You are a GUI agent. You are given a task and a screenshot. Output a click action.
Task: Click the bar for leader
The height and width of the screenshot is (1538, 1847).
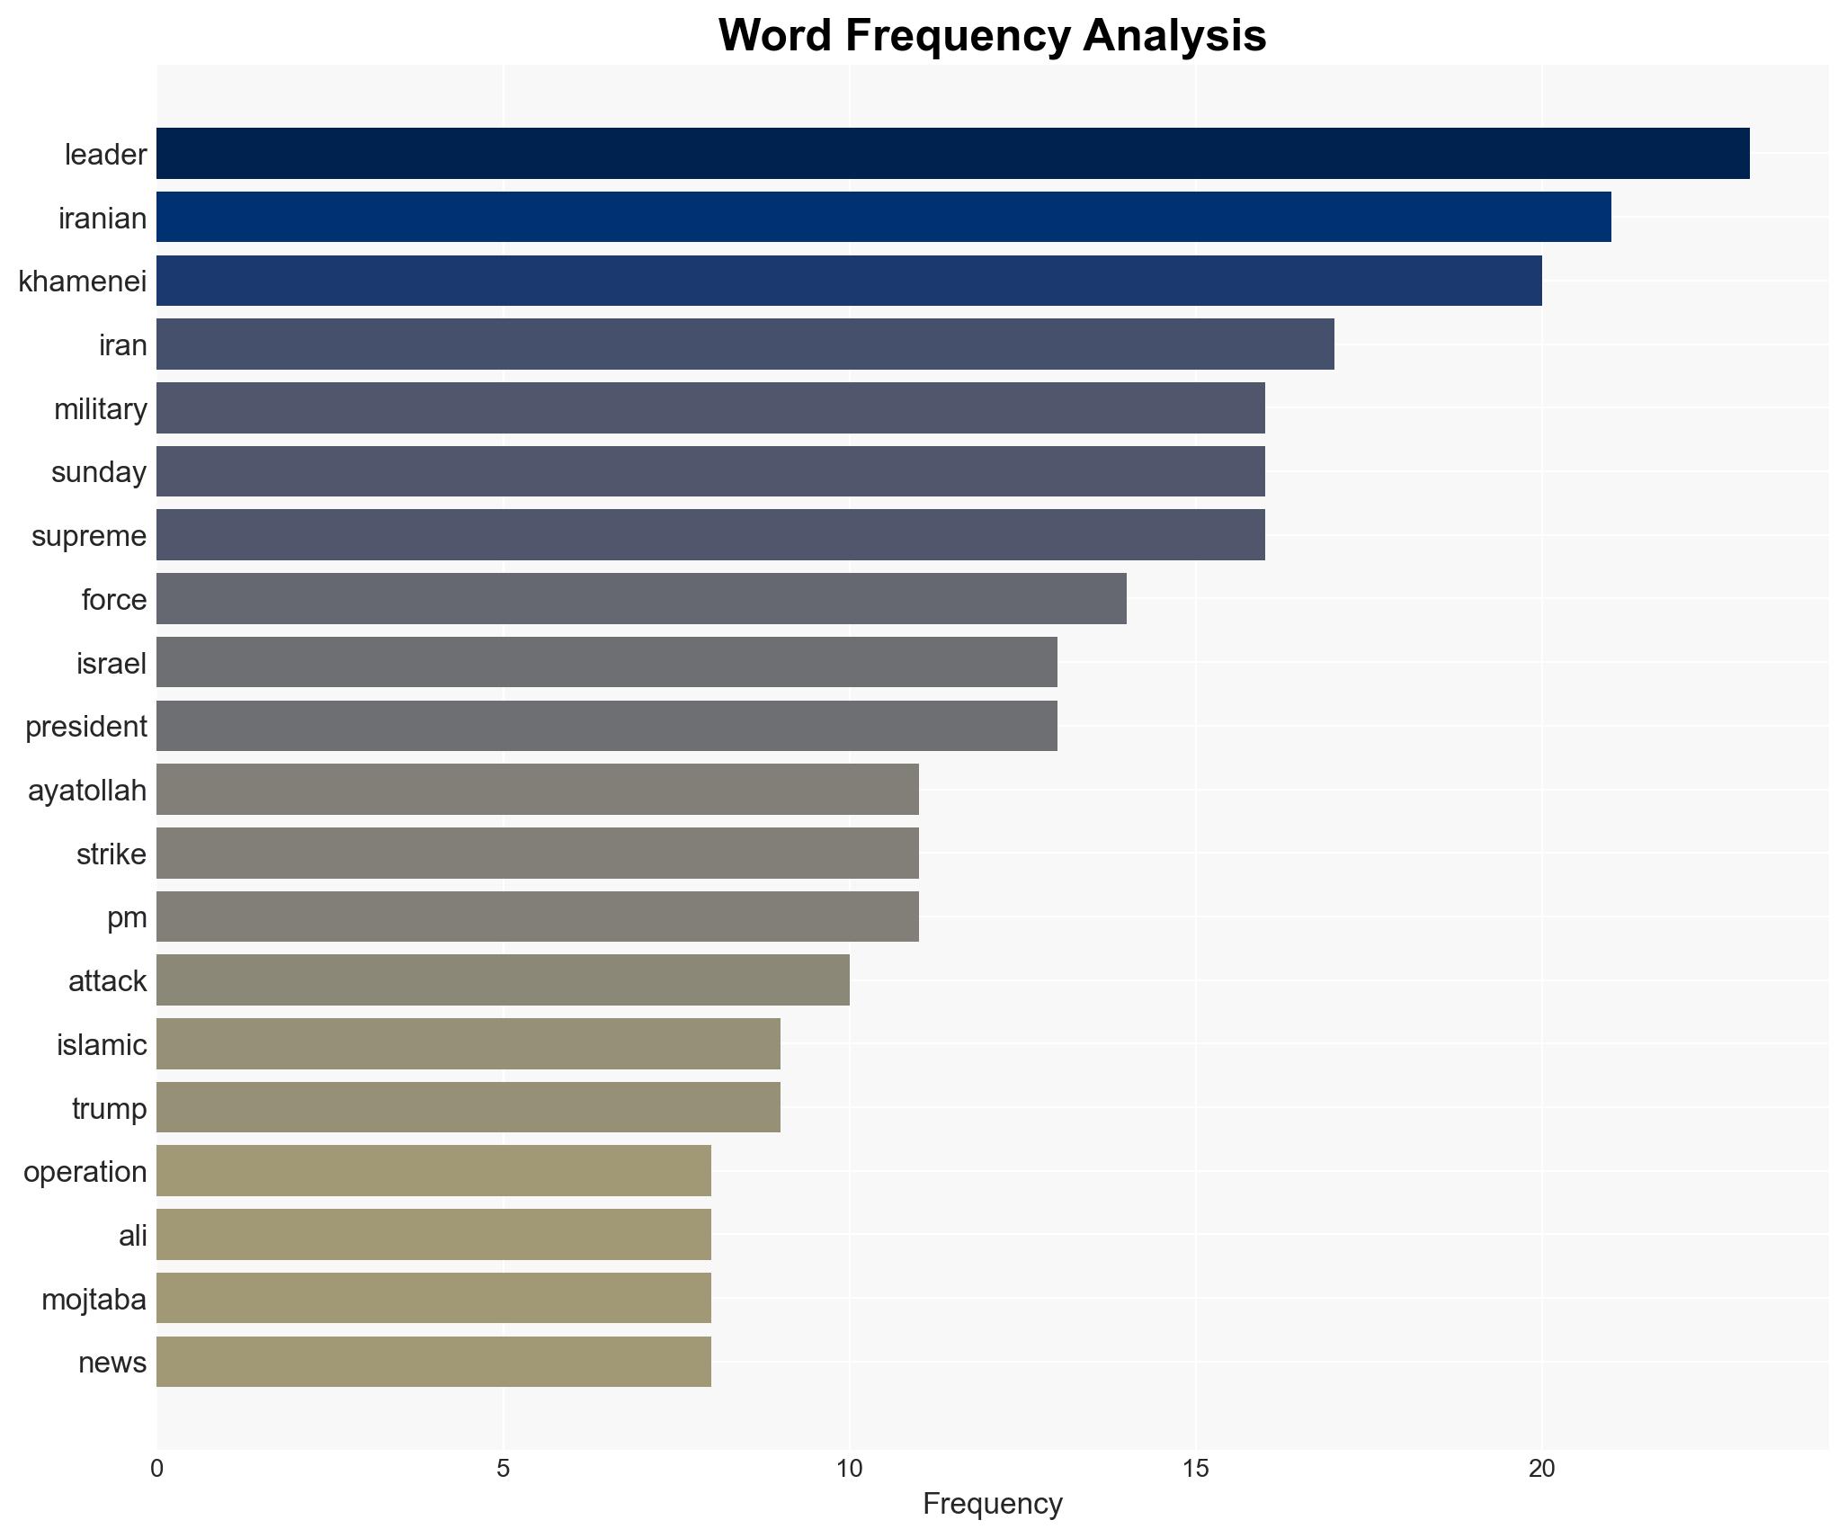point(953,154)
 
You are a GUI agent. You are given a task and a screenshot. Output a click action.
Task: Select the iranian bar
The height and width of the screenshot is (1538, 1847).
point(883,217)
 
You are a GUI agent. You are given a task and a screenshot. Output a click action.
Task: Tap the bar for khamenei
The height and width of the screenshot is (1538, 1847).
point(849,281)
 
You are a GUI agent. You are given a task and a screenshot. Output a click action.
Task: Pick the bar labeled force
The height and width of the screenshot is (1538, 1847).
point(641,599)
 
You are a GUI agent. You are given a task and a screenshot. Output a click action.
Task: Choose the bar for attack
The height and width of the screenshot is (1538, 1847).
point(503,980)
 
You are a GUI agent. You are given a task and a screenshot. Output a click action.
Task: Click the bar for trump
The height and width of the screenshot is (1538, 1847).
point(468,1107)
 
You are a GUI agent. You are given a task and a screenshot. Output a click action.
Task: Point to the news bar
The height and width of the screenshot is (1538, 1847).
point(433,1362)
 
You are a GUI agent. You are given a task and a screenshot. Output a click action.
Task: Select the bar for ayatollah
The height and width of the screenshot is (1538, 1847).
point(538,790)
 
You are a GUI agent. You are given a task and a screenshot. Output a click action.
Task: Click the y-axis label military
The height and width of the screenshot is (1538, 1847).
point(101,409)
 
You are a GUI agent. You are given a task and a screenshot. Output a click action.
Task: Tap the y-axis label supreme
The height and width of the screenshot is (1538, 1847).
point(89,536)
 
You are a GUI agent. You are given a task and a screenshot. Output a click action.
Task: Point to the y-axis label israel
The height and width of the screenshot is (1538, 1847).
point(112,664)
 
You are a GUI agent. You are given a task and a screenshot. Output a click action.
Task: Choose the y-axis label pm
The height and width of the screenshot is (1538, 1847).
point(127,917)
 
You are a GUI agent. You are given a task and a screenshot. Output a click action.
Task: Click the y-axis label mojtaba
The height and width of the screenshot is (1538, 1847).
point(94,1299)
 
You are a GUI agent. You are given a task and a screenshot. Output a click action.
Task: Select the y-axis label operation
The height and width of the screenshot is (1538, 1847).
point(85,1172)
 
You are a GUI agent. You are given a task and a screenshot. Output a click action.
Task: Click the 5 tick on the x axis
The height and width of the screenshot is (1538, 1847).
point(503,1468)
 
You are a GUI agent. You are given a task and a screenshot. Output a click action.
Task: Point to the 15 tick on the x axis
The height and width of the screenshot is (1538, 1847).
point(1195,1468)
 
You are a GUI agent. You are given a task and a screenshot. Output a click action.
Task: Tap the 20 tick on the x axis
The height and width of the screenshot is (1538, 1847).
point(1541,1468)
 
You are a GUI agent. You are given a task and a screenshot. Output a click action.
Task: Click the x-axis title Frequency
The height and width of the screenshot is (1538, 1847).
point(992,1504)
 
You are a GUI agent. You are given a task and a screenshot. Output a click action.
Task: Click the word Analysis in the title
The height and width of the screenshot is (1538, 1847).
point(1174,36)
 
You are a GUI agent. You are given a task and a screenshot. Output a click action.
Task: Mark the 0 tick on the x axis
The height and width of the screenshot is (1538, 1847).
point(157,1468)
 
